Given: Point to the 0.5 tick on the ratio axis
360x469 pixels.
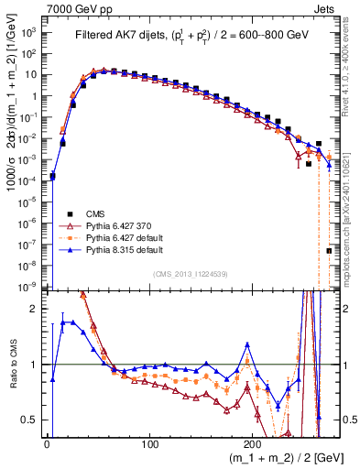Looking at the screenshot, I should [31, 420].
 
